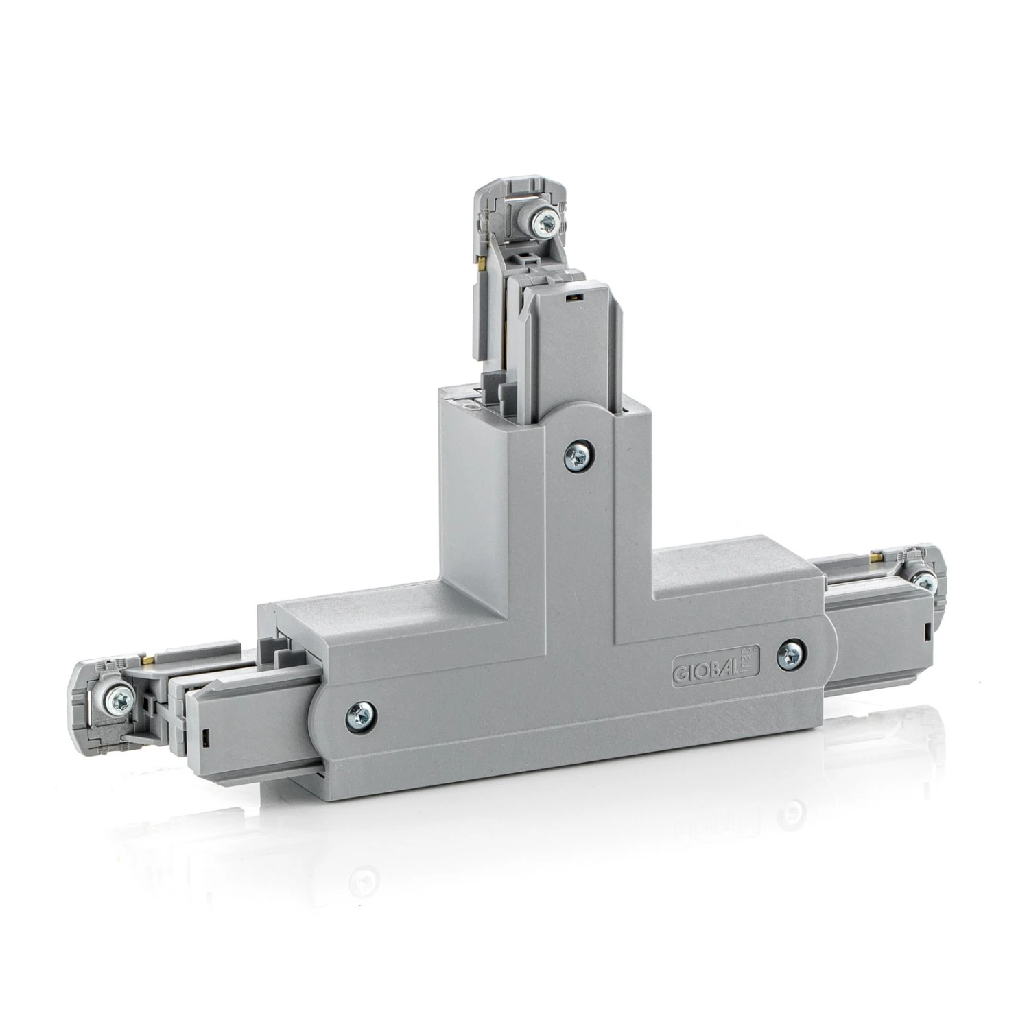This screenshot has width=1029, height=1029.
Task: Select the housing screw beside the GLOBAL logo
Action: pos(792,654)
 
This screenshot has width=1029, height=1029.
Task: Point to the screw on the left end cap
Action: pos(119,699)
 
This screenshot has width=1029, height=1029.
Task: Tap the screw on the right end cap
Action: pos(925,582)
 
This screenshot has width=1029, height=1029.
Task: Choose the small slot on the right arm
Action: pos(927,628)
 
